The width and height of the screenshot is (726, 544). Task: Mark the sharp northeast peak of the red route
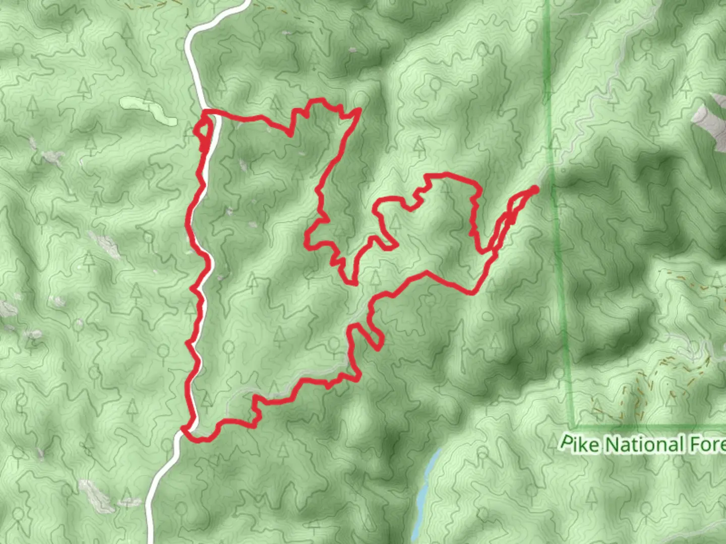[359, 109]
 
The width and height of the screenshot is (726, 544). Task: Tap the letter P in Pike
[567, 443]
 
